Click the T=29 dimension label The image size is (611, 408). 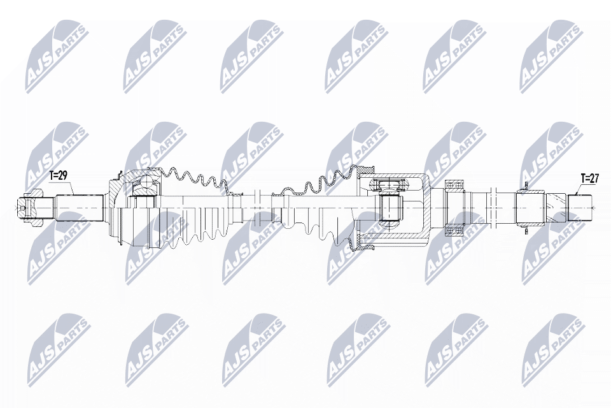pos(58,174)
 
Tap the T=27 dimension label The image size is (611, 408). pos(589,179)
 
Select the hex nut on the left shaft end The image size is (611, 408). pos(24,207)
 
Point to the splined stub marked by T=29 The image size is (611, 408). pos(80,207)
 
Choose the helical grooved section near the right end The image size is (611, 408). pos(553,207)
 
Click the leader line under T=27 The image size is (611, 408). pos(577,189)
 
